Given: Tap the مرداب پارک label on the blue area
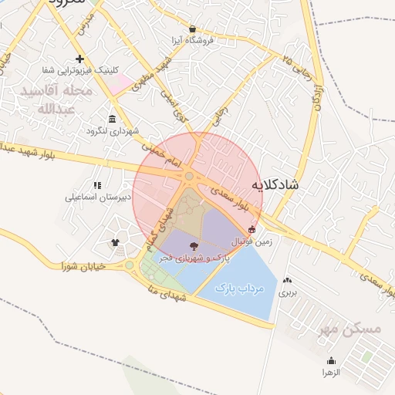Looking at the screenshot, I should point(239,289).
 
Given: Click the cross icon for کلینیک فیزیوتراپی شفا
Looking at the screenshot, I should point(79,59).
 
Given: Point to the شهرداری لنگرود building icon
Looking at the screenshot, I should point(113,119).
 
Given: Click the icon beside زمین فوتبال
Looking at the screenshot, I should point(252,229).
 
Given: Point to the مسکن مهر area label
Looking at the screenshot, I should point(349,329).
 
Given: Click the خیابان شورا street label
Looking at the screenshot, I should point(87,266).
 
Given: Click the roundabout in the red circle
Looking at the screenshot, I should point(189,177).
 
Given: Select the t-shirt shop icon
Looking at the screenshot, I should point(116,241).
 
